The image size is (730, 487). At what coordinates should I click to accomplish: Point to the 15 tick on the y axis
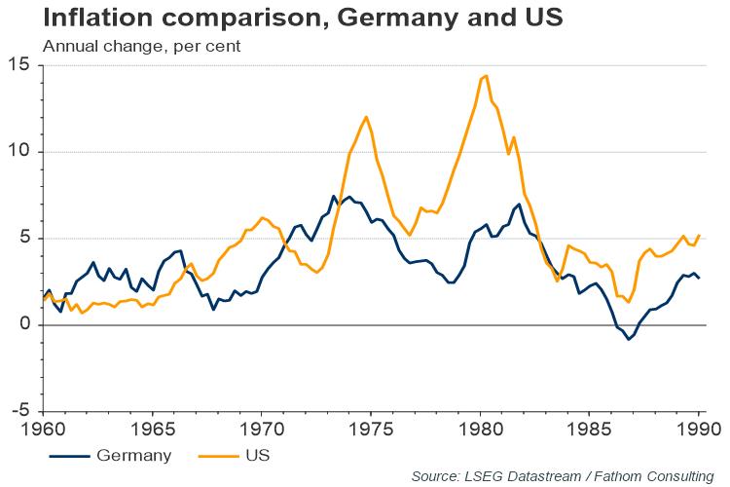pyautogui.click(x=19, y=65)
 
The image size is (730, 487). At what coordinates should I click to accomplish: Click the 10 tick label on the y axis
pyautogui.click(x=19, y=152)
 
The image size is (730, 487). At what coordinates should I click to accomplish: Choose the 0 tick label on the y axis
pyautogui.click(x=24, y=325)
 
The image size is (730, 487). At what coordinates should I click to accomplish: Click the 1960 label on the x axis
pyautogui.click(x=44, y=428)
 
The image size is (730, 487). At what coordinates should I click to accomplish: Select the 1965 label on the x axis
pyautogui.click(x=153, y=428)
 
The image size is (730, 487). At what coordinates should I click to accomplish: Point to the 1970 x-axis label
pyautogui.click(x=262, y=428)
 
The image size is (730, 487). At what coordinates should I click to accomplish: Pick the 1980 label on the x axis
pyautogui.click(x=480, y=428)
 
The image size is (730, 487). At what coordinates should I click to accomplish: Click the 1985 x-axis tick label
pyautogui.click(x=589, y=428)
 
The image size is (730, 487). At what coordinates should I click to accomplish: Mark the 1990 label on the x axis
pyautogui.click(x=697, y=428)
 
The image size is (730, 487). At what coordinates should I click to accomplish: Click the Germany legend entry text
pyautogui.click(x=136, y=454)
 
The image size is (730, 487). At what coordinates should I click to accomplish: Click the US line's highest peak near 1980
pyautogui.click(x=486, y=75)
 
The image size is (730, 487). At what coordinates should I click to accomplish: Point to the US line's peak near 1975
pyautogui.click(x=366, y=117)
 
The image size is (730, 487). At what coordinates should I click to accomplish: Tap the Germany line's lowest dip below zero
pyautogui.click(x=629, y=339)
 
